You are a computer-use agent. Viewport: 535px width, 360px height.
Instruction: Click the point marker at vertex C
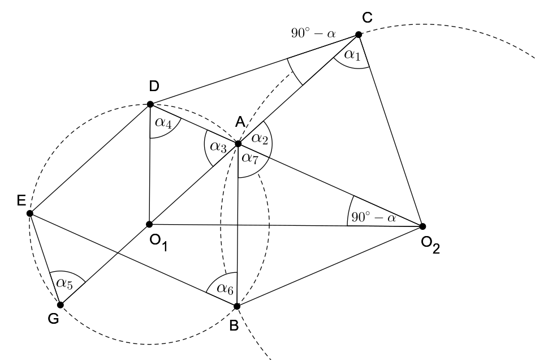point(358,35)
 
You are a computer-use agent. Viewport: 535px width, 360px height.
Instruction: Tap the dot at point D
point(150,104)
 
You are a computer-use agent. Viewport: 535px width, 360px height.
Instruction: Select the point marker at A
point(238,144)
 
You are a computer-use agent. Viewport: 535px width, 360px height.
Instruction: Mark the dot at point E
point(30,213)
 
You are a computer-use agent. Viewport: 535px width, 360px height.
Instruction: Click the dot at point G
point(61,305)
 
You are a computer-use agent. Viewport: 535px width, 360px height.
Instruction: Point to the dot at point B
point(237,306)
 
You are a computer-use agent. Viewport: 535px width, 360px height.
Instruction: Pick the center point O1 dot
point(150,224)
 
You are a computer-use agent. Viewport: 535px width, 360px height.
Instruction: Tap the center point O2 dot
point(422,226)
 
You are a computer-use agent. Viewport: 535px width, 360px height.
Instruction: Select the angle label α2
point(260,138)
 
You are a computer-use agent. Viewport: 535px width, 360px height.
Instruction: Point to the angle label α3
point(218,147)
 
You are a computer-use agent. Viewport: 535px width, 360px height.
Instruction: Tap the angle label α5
point(66,281)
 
